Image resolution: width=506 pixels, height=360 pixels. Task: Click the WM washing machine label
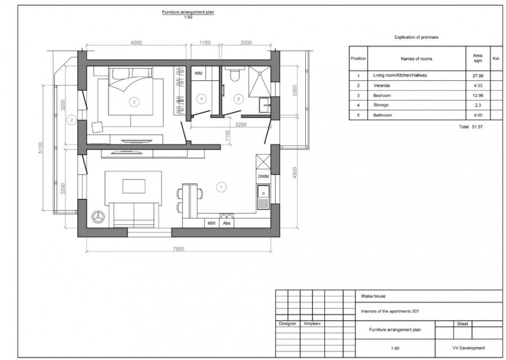point(198,74)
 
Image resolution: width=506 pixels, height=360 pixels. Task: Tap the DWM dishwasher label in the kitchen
point(263,177)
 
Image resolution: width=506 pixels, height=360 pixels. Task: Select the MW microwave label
point(211,223)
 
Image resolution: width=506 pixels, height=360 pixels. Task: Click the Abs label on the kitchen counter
point(227,223)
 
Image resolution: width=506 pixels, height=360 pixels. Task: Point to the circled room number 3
point(134,102)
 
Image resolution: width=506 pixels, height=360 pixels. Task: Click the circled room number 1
point(221,186)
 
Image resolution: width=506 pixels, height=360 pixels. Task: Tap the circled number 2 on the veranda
point(71,119)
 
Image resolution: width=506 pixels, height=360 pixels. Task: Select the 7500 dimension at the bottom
point(179,249)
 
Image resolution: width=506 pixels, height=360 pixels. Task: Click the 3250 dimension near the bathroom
point(241,124)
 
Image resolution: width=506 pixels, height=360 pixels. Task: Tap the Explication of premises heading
point(416,37)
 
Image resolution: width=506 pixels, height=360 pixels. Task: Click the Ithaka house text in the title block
point(373,296)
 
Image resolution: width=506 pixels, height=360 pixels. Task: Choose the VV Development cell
point(468,348)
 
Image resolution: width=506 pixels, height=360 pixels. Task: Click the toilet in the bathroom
point(236,74)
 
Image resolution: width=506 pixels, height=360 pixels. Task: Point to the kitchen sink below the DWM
point(263,195)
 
